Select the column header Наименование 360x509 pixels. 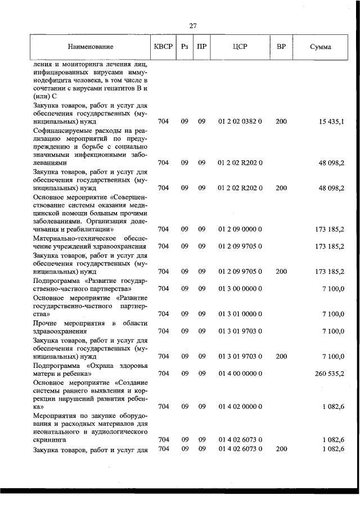tap(91, 47)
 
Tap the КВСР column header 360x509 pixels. tap(163, 47)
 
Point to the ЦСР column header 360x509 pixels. tap(240, 47)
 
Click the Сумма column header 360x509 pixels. tap(321, 47)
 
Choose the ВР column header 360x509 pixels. tap(281, 47)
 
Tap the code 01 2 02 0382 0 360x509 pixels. tap(240, 121)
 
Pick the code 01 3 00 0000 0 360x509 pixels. tap(240, 289)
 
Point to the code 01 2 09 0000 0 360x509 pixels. tap(240, 229)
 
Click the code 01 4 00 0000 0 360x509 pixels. tap(240, 373)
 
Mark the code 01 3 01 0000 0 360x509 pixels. tap(240, 314)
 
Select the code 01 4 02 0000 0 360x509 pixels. tap(240, 406)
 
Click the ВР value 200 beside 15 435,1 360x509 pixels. tap(281, 121)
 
